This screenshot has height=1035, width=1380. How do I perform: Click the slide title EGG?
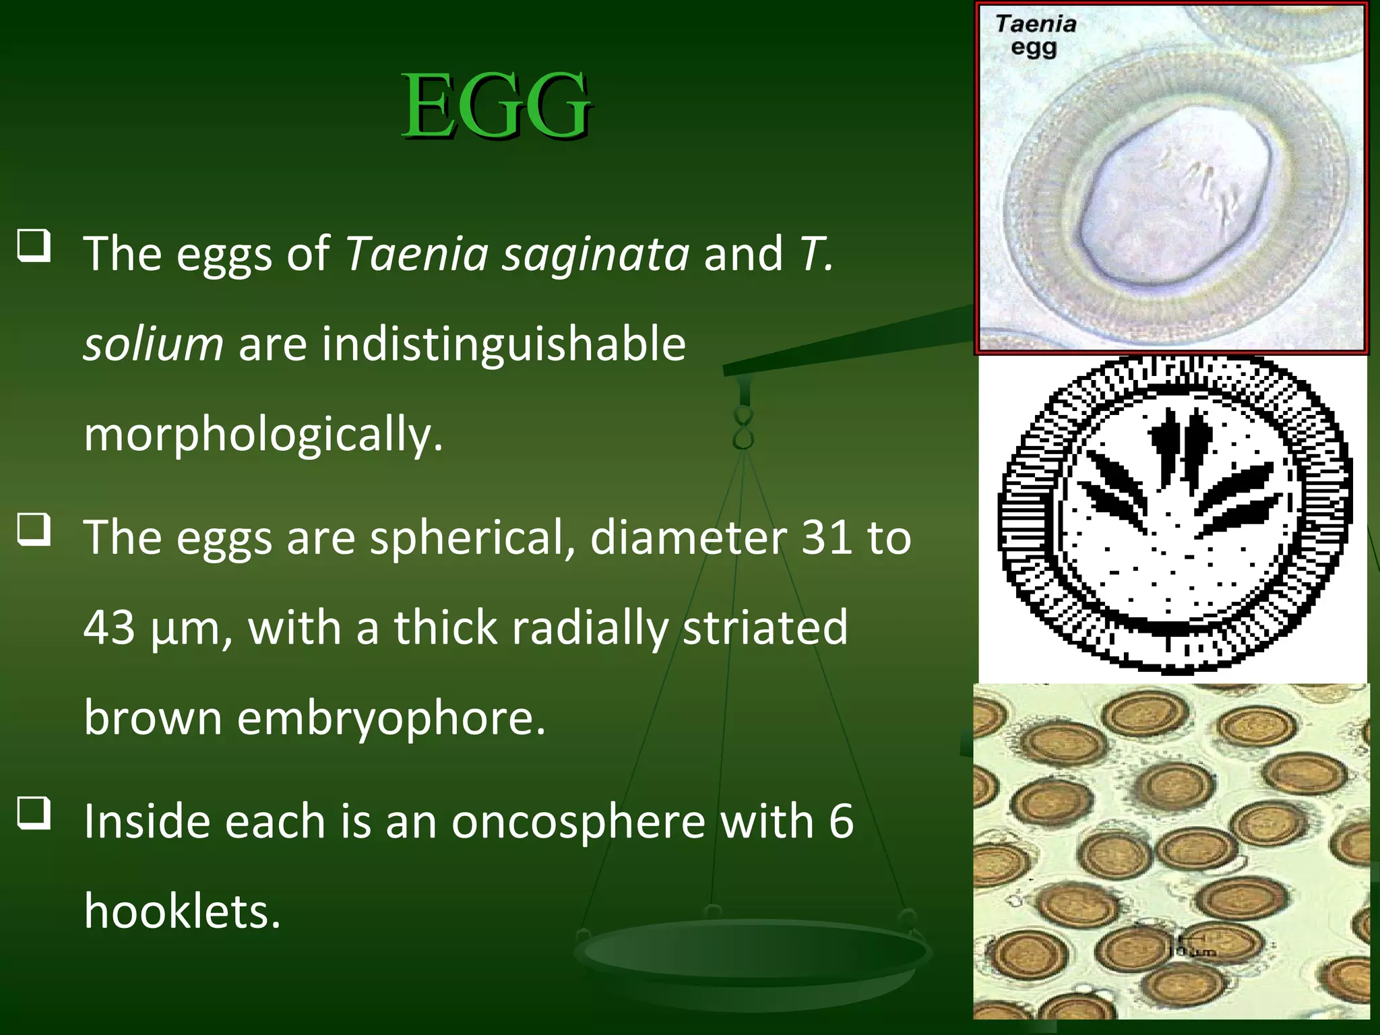pos(497,106)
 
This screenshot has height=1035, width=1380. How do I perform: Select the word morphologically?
pos(263,435)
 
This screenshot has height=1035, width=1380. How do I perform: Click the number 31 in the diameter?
pos(827,538)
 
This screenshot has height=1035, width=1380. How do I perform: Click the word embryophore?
pos(390,718)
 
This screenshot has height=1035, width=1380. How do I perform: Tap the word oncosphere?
pos(577,822)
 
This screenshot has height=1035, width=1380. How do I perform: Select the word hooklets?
pos(182,912)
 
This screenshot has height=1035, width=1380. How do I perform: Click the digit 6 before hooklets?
pos(841,822)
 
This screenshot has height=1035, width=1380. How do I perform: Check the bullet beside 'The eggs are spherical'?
pos(34,530)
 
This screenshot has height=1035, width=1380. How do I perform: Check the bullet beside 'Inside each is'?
pos(34,813)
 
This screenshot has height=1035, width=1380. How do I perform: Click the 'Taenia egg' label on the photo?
pos(1036,36)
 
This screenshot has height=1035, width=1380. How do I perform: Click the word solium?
pos(153,344)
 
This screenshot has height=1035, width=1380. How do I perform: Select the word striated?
pos(765,628)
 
